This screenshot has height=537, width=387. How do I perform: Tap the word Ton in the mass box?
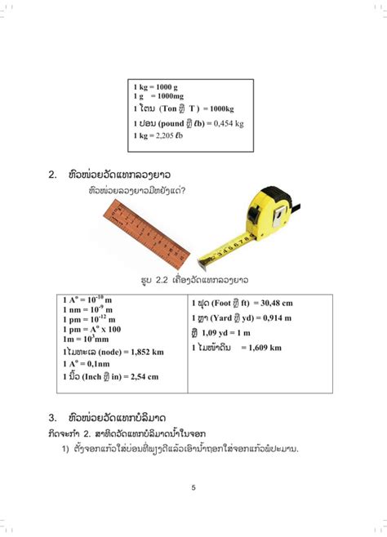pos(169,109)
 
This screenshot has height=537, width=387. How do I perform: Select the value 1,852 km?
pos(145,352)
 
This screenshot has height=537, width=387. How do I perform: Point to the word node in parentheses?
pos(107,352)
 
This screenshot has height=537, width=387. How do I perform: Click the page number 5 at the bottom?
pos(193,488)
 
